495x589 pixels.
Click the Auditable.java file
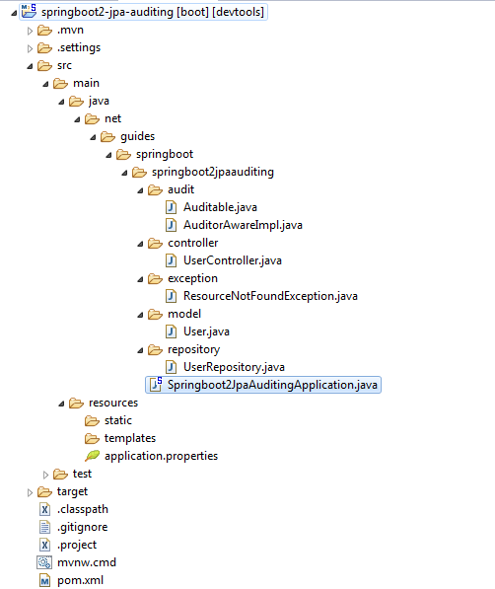(220, 207)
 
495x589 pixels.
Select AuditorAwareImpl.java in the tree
(243, 225)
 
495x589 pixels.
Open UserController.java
(233, 260)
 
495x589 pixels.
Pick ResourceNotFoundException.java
(270, 296)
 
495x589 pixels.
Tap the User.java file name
(206, 331)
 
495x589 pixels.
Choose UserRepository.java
(234, 367)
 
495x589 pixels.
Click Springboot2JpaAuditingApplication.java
(272, 385)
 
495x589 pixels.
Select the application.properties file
(161, 456)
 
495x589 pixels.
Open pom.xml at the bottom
(81, 580)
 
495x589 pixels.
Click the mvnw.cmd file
(87, 562)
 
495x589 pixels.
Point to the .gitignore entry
(83, 527)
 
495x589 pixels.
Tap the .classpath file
(83, 509)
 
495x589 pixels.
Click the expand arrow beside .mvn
(30, 31)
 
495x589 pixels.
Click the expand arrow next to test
(45, 475)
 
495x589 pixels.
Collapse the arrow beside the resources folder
(61, 405)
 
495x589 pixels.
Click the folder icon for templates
(92, 438)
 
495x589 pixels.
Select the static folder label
(118, 420)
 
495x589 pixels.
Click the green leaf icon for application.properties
(93, 456)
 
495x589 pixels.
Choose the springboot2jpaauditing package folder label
(213, 172)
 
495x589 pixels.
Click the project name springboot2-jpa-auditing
(107, 12)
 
